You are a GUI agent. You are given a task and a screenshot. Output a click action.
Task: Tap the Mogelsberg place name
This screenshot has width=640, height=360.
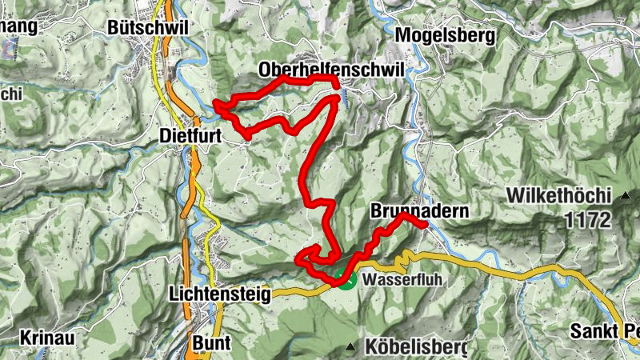click(446, 35)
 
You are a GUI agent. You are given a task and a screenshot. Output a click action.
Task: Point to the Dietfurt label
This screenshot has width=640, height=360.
click(190, 136)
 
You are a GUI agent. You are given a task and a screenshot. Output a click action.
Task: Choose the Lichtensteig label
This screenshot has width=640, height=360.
click(220, 294)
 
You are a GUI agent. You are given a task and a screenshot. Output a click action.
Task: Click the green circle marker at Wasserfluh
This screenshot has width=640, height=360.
click(345, 280)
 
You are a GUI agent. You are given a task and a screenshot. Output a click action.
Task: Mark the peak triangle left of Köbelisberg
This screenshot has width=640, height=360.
click(350, 346)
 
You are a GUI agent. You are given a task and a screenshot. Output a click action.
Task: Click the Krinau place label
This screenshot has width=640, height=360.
click(43, 337)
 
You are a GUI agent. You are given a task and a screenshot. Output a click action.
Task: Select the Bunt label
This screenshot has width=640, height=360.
click(211, 342)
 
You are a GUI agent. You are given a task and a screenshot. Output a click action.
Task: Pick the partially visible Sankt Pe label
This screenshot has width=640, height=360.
click(604, 331)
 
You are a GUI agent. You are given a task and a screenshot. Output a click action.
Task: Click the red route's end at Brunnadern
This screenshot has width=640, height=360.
click(424, 226)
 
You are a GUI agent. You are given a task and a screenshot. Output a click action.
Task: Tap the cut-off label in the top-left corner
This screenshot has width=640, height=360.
click(18, 26)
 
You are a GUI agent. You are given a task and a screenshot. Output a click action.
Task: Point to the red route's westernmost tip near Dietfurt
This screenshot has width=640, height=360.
click(215, 103)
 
